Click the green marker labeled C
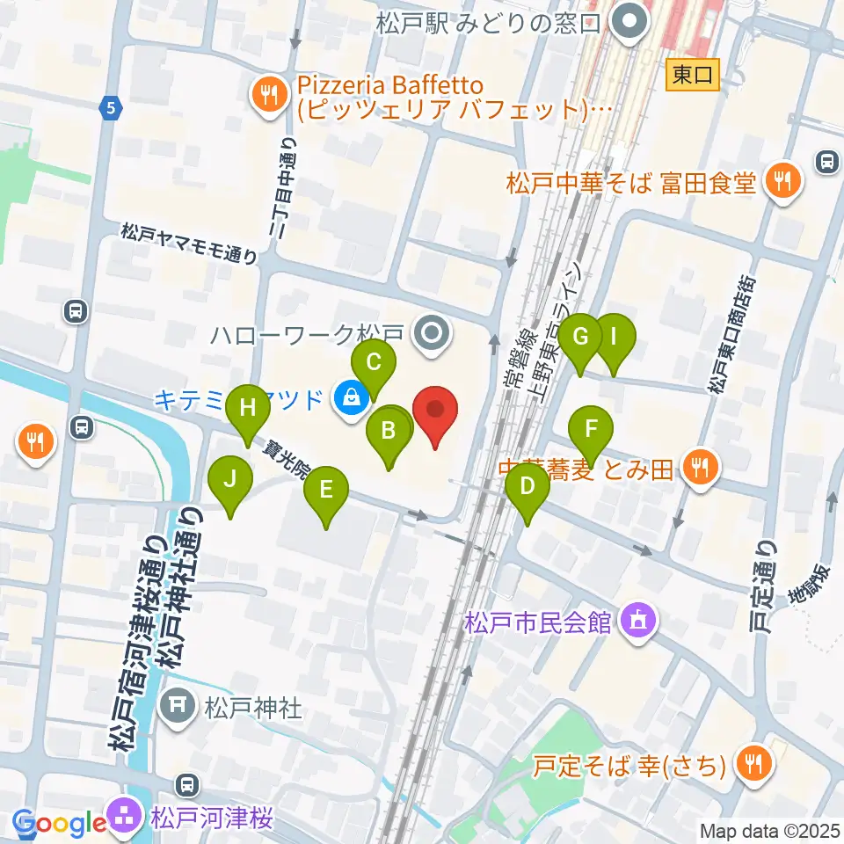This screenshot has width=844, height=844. pyautogui.click(x=374, y=361)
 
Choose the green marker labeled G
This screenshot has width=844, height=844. pyautogui.click(x=580, y=336)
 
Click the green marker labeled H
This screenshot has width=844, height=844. pyautogui.click(x=248, y=408)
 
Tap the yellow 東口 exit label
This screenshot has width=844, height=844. pyautogui.click(x=693, y=75)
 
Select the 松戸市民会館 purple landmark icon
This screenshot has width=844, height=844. pyautogui.click(x=635, y=622)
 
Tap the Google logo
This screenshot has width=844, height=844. pyautogui.click(x=60, y=823)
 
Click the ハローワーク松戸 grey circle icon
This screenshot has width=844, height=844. pyautogui.click(x=432, y=333)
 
